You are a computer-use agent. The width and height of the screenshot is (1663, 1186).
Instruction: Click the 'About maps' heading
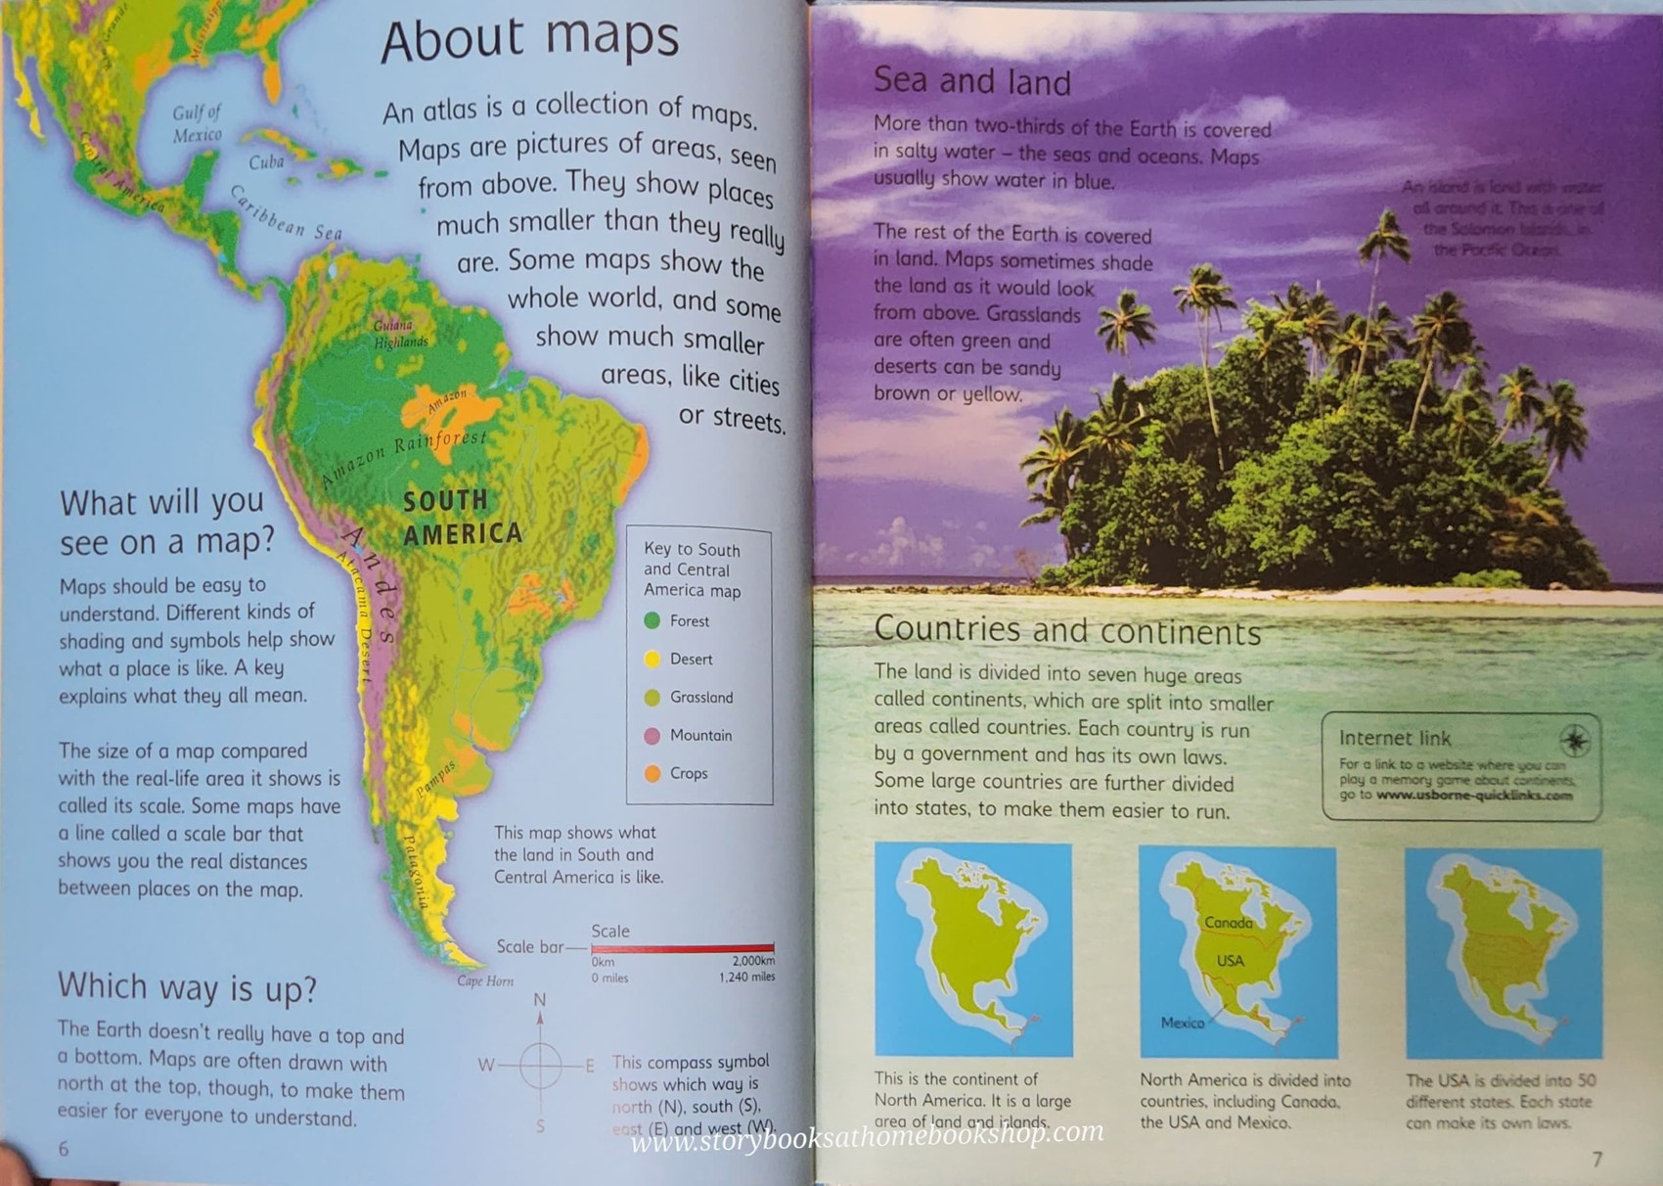pos(529,39)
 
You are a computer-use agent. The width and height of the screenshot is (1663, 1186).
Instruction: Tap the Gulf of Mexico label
pos(197,123)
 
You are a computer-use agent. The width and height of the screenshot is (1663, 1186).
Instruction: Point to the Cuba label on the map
pos(266,162)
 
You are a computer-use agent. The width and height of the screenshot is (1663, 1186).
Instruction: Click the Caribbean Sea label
pos(285,212)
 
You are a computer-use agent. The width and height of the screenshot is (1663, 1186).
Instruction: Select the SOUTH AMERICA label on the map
pos(460,517)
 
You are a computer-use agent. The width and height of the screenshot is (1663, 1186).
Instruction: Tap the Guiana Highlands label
pos(398,334)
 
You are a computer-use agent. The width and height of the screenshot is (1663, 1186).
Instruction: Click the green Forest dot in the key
pos(652,620)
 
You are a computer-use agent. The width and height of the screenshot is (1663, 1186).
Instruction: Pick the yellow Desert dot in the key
pos(652,659)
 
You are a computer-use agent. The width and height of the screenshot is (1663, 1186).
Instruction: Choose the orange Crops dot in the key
pos(652,773)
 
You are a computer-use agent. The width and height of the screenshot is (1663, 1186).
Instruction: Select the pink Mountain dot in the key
pos(652,735)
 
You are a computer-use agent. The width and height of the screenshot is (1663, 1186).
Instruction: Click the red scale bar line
pos(682,948)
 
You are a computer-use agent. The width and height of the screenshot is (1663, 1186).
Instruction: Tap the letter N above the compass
pos(540,1000)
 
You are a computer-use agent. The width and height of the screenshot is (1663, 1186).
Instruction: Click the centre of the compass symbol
pos(540,1065)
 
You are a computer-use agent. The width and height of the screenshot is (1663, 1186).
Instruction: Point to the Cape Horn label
pos(485,981)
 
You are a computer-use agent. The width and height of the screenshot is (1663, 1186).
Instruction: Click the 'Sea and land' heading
pos(971,81)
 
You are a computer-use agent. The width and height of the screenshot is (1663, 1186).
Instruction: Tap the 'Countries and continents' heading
pos(1067,630)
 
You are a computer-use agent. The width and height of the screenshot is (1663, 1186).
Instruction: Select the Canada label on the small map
pos(1228,923)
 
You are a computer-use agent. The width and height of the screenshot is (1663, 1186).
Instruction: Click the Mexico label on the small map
pos(1183,1023)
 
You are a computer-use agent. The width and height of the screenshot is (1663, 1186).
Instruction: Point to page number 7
pos(1597,1160)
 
